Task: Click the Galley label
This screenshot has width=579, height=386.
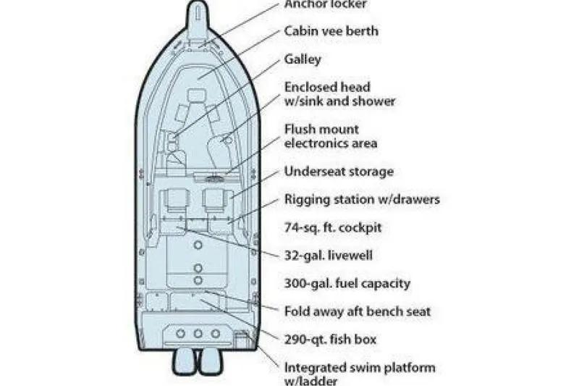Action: click(x=303, y=59)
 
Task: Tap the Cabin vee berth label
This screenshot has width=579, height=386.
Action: click(x=331, y=31)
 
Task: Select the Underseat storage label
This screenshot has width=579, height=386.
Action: click(x=339, y=172)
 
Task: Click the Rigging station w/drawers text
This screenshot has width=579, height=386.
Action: click(x=363, y=199)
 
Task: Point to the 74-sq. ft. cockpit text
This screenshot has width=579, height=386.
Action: click(x=333, y=227)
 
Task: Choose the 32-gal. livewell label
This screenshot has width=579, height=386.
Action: click(x=329, y=255)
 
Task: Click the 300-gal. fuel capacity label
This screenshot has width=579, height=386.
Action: click(x=347, y=283)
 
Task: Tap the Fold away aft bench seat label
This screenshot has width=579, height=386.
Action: click(x=358, y=311)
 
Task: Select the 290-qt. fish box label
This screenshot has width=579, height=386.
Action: click(x=330, y=340)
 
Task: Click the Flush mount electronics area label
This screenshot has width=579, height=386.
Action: click(x=331, y=136)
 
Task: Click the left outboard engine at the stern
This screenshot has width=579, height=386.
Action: click(x=185, y=361)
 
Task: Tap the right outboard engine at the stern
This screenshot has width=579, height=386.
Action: click(x=211, y=361)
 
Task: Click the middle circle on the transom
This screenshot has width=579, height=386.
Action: click(x=198, y=334)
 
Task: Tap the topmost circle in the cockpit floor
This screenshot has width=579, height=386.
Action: click(x=198, y=245)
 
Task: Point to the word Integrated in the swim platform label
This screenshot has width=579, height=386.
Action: click(x=314, y=369)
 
